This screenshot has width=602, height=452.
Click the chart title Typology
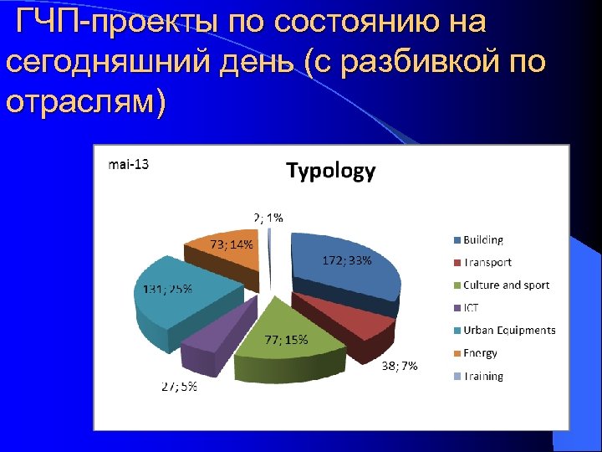click(x=331, y=172)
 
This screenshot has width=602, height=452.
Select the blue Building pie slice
click(x=343, y=280)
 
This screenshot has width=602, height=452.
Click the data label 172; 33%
click(x=347, y=260)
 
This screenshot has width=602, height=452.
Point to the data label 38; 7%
click(x=400, y=366)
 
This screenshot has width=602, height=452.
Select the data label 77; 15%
click(x=287, y=340)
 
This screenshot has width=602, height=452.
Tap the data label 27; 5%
click(x=179, y=387)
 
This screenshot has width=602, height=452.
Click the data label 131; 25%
click(x=162, y=290)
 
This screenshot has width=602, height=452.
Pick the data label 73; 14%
click(x=232, y=244)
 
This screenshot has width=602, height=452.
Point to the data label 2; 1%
click(x=268, y=217)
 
